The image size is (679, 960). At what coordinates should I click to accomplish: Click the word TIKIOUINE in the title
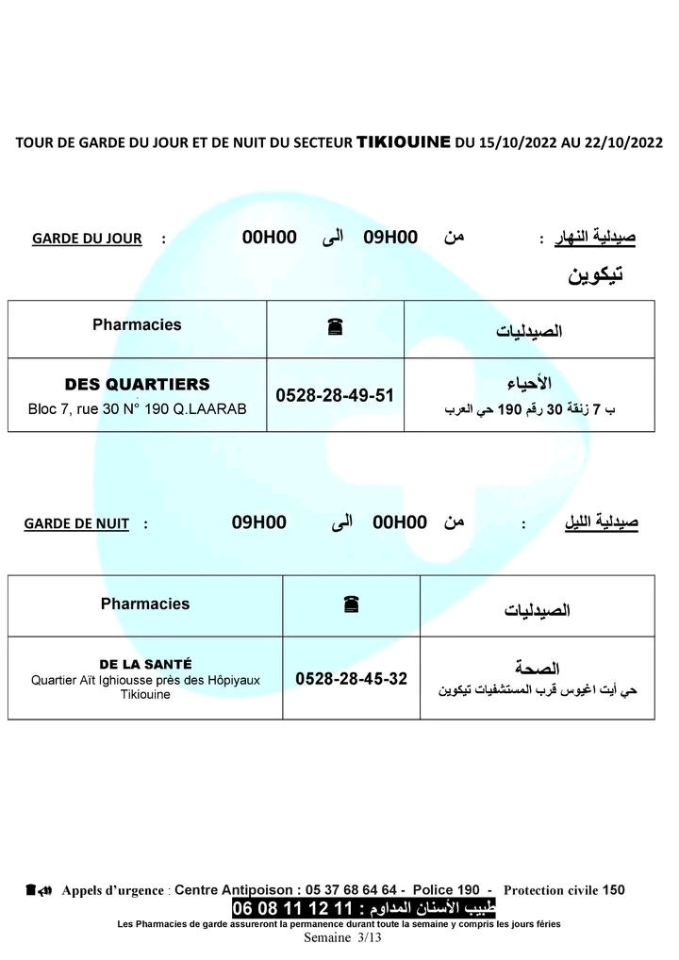coord(403,142)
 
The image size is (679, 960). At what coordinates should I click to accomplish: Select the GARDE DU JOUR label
coord(87,239)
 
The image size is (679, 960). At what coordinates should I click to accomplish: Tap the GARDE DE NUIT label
coord(76,523)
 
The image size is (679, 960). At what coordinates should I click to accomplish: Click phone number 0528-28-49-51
coord(335,396)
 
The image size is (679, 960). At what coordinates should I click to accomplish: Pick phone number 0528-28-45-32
coord(351,678)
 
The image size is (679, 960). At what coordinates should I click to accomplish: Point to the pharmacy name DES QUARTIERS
coord(137,385)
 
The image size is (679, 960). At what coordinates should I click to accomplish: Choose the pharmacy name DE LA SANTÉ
coord(145,664)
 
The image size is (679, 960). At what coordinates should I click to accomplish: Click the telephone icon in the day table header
coord(335,327)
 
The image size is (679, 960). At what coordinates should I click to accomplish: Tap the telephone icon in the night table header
coord(351,604)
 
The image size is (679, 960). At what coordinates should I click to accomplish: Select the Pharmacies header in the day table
coord(137,324)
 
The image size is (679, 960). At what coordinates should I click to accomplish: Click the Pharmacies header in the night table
coord(145,604)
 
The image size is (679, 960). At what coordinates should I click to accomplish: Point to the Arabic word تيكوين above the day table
coord(595,275)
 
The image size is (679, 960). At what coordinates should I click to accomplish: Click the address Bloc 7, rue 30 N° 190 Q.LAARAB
coord(137,410)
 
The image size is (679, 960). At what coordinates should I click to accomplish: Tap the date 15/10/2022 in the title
coord(517,143)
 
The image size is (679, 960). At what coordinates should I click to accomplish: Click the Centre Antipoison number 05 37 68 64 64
coord(353,889)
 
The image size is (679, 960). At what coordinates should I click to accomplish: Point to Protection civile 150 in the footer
coord(564,889)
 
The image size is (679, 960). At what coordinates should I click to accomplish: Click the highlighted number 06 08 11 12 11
coord(291,909)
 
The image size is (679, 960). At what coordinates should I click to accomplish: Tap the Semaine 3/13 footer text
coord(341,938)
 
